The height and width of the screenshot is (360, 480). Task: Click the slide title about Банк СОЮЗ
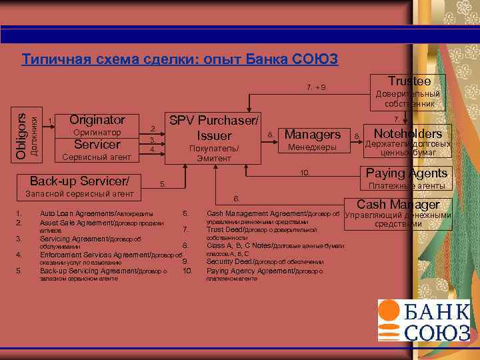(x=180, y=59)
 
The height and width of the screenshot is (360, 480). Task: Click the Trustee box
(x=409, y=90)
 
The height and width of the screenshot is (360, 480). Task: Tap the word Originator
(x=97, y=120)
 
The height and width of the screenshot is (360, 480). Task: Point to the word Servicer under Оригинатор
(x=97, y=145)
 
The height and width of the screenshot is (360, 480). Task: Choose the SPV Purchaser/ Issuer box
(x=214, y=137)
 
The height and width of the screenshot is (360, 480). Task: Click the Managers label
(x=313, y=135)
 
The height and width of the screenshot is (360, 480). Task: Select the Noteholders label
(x=408, y=133)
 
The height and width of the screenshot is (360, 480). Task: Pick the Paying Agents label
(x=406, y=173)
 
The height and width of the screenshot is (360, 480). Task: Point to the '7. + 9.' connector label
(x=316, y=87)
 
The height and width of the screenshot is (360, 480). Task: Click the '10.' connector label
(x=305, y=173)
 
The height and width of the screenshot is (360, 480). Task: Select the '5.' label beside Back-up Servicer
(x=162, y=183)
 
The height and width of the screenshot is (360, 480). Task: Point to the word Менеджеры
(x=312, y=147)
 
